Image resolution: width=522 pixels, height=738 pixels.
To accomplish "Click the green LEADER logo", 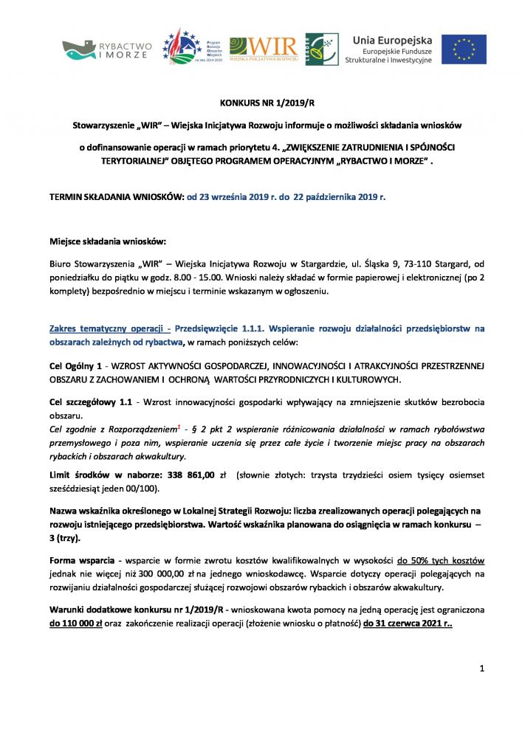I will coord(322,49).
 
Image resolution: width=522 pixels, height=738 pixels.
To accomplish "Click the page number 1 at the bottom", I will coord(481,669).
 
